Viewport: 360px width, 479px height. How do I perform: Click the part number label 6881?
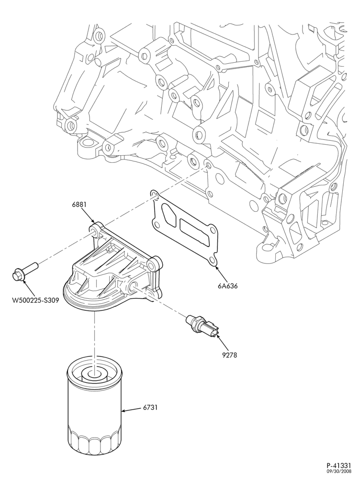[79, 205]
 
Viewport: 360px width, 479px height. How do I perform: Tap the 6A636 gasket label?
[228, 286]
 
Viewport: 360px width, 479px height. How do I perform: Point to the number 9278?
[229, 355]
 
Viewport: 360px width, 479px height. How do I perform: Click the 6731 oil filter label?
[150, 407]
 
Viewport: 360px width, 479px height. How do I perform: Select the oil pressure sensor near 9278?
[203, 326]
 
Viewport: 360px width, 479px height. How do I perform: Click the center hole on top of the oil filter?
[95, 374]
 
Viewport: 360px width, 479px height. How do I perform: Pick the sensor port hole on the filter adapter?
[135, 286]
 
